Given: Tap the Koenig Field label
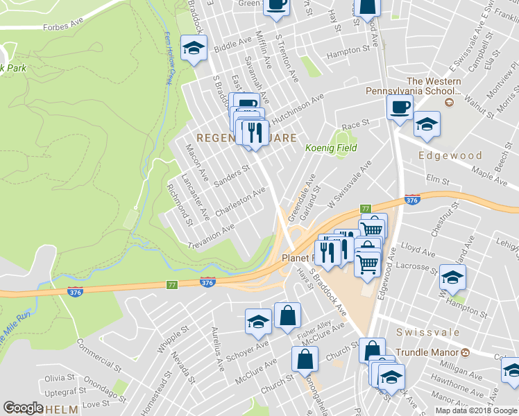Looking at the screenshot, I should (x=332, y=148).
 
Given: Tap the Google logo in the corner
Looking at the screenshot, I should (x=23, y=408).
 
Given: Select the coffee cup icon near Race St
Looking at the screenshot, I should (x=400, y=107).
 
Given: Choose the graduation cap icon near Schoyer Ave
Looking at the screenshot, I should (x=258, y=322).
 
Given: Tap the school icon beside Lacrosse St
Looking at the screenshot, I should (x=452, y=277).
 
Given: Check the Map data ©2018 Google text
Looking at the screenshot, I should (x=475, y=410).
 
